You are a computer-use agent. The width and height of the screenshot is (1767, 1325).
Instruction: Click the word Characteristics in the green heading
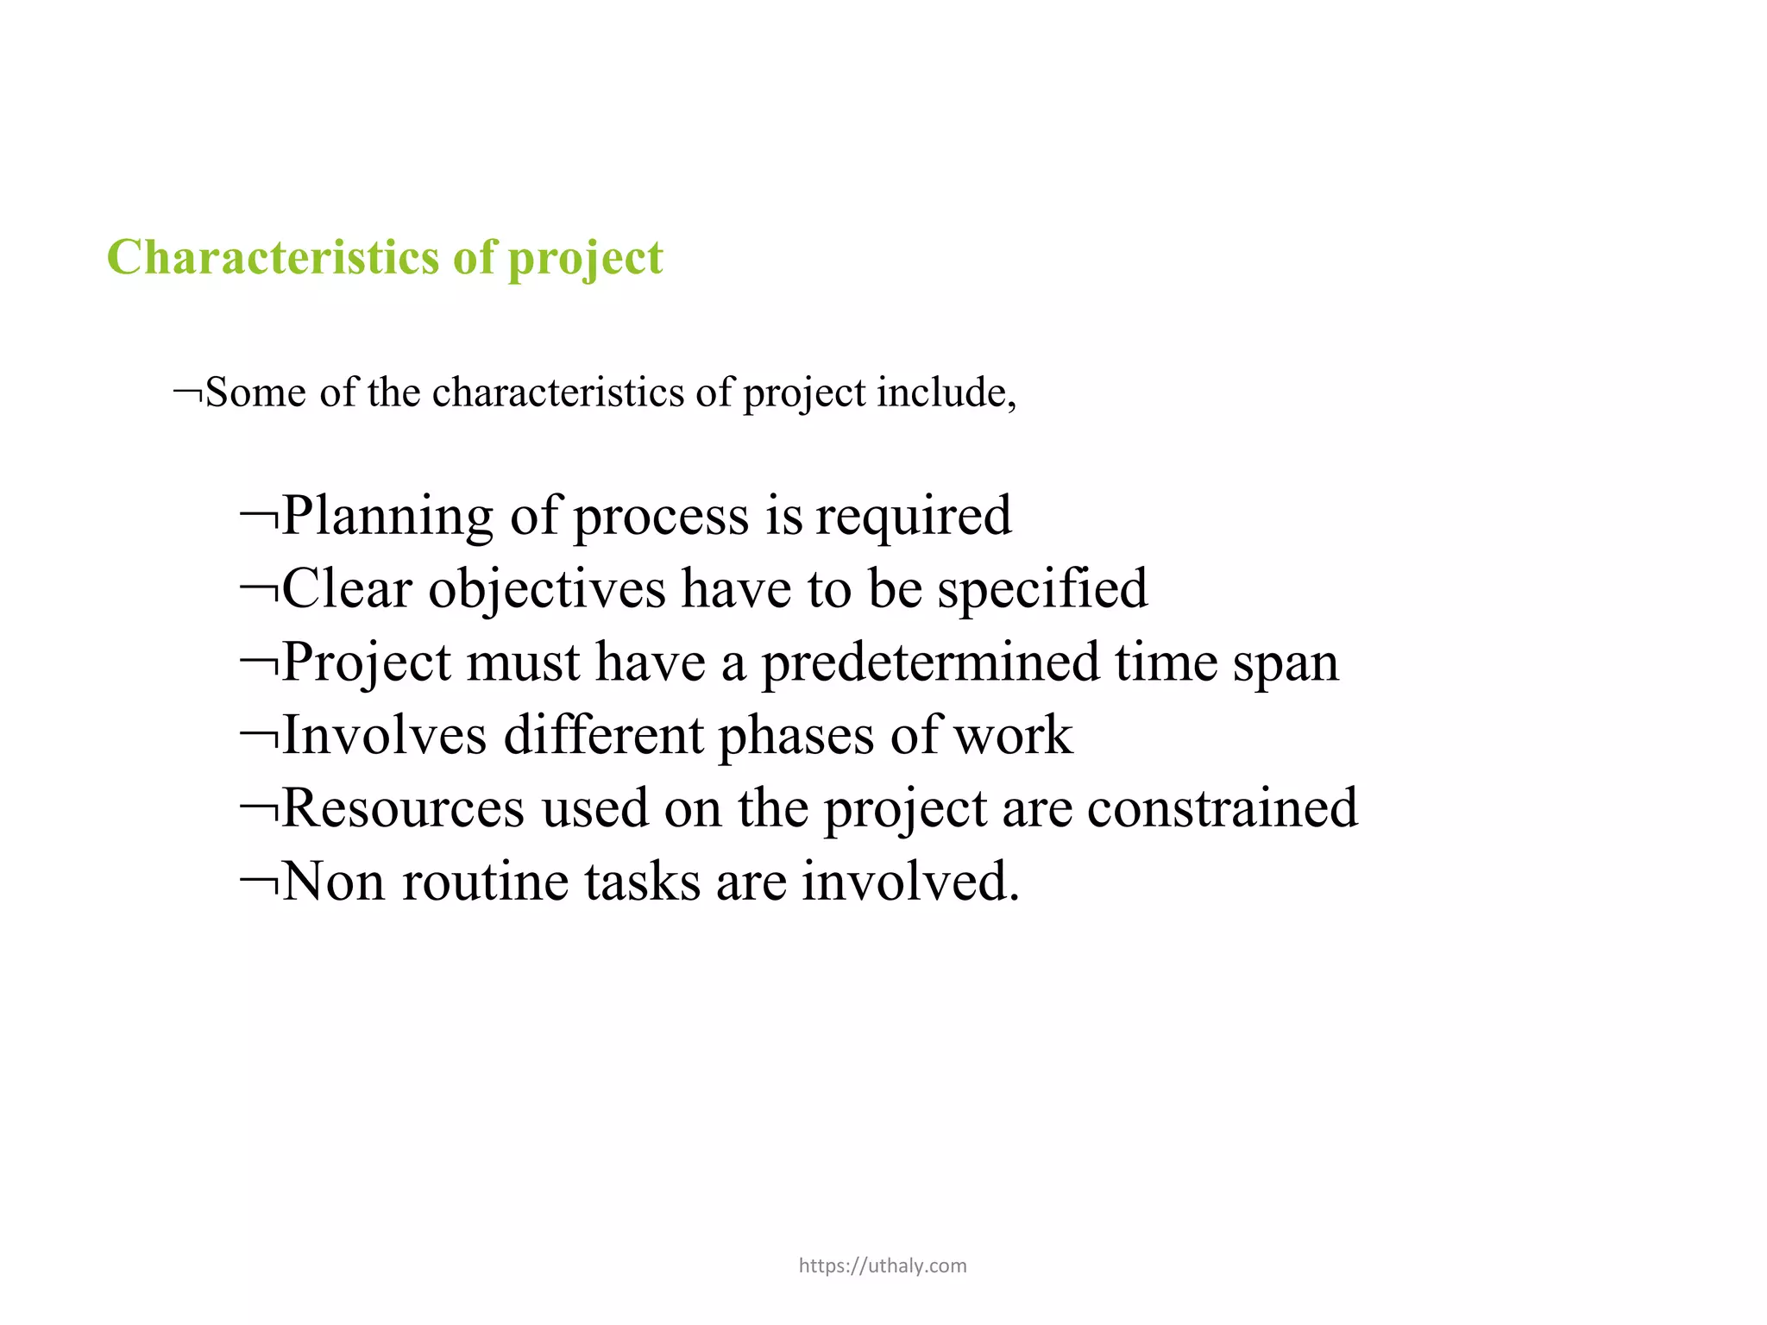pyautogui.click(x=274, y=257)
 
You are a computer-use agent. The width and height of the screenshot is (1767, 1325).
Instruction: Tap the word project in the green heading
pyautogui.click(x=586, y=259)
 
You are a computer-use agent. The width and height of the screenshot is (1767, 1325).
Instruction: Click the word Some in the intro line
pyautogui.click(x=256, y=392)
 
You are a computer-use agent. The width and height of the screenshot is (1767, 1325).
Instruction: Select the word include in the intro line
pyautogui.click(x=946, y=392)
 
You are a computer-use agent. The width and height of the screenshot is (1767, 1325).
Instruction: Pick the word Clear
pyautogui.click(x=347, y=589)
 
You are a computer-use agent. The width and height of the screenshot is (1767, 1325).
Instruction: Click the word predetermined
pyautogui.click(x=930, y=663)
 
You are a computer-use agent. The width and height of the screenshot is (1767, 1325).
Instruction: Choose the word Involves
pyautogui.click(x=385, y=736)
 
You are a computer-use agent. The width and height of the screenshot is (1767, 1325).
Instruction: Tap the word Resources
pyautogui.click(x=403, y=809)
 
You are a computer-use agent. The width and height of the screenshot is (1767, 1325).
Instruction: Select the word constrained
pyautogui.click(x=1223, y=809)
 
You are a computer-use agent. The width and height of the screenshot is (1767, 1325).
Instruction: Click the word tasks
pyautogui.click(x=643, y=882)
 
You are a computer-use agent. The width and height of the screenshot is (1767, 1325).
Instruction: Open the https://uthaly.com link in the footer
pyautogui.click(x=883, y=1265)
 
